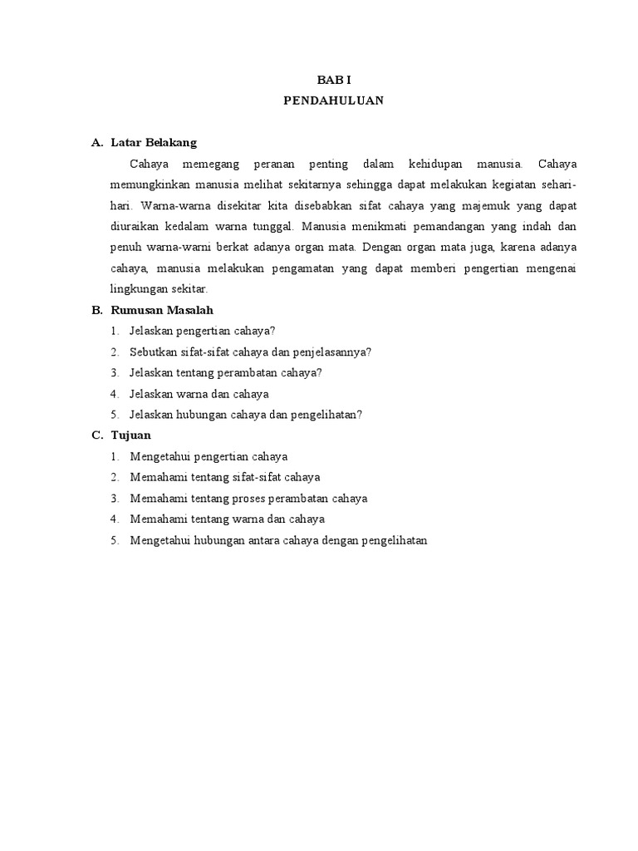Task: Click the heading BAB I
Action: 330,80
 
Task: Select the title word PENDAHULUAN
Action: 330,101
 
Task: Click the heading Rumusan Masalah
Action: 162,310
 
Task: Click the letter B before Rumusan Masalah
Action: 96,310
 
